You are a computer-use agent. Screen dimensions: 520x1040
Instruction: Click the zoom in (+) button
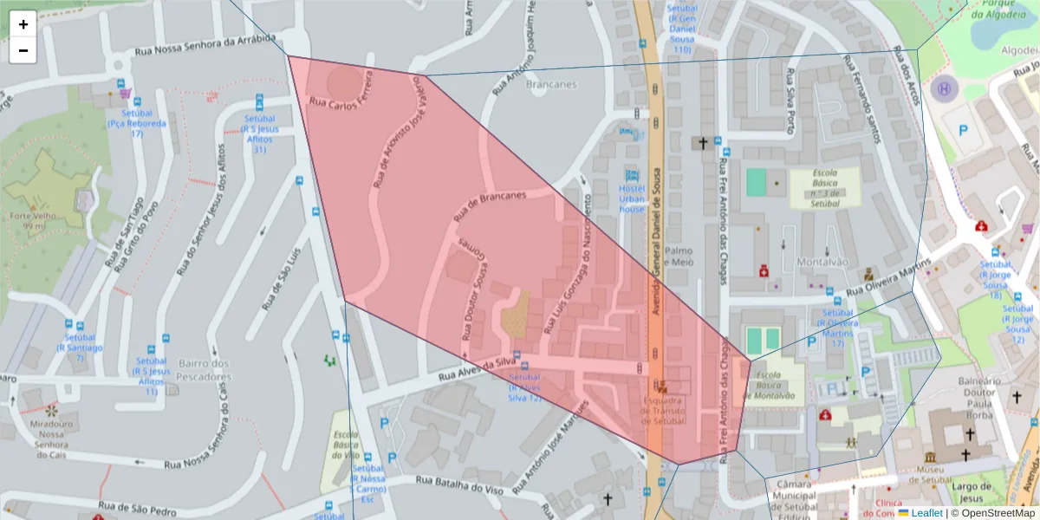coord(23,24)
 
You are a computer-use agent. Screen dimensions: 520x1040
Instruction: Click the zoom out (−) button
coord(23,50)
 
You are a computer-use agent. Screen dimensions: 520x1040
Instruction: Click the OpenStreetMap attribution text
coord(993,513)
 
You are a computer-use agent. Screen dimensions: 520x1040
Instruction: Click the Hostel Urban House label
coord(632,198)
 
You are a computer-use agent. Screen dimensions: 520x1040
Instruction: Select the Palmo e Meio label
coord(679,256)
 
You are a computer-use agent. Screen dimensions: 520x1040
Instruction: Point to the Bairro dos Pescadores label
coord(204,370)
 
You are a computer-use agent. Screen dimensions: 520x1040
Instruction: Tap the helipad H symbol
coord(943,88)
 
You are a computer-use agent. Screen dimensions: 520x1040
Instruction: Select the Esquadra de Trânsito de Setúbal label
coord(663,411)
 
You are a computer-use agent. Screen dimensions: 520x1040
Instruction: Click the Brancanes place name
coord(551,85)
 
